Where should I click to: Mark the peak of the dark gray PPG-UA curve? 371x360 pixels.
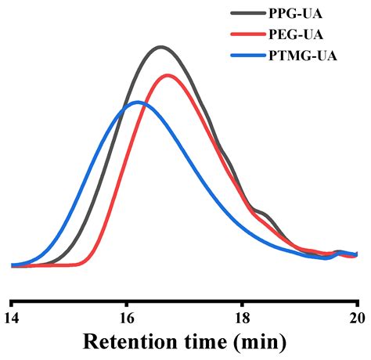coord(160,47)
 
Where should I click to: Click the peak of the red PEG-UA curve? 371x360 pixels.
coord(167,75)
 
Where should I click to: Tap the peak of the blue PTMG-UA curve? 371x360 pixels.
coord(138,102)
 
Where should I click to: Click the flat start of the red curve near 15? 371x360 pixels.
coord(59,266)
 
